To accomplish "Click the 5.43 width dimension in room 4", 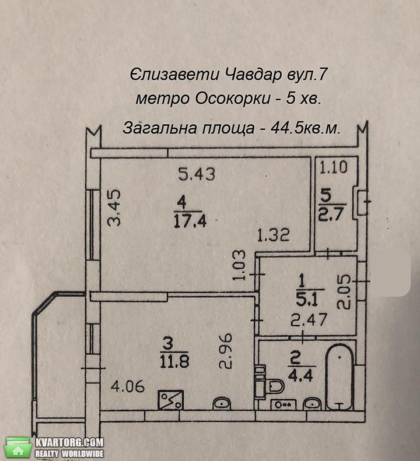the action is tap(197, 174).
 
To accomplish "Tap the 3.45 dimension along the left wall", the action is tap(114, 208).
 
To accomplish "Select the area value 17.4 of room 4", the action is tap(190, 221).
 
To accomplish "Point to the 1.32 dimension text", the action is tap(274, 235).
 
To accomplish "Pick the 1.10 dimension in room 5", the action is tap(334, 167).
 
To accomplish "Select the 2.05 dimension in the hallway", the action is tap(344, 291).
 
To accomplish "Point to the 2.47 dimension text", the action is tap(309, 320).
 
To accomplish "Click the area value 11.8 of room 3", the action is tap(174, 361).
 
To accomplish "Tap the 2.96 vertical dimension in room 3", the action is tap(226, 351).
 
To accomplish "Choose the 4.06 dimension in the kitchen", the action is tap(128, 386).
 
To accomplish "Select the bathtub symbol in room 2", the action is tap(339, 377).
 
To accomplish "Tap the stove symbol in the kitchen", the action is tap(171, 400).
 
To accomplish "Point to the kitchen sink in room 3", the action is tap(222, 403).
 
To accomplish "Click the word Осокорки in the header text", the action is tap(233, 99).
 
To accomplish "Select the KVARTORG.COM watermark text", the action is tap(69, 442).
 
